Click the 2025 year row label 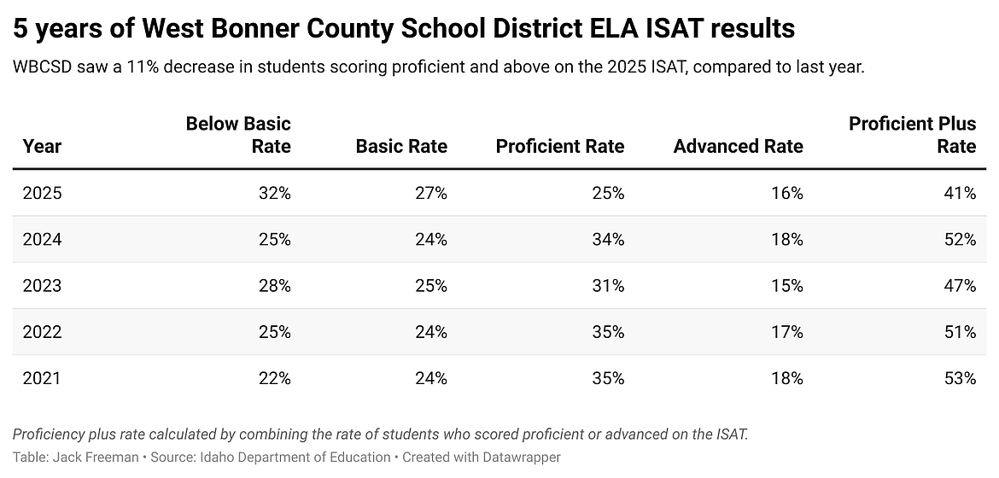42,194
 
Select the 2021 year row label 42,378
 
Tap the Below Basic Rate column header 238,135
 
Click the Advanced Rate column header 738,147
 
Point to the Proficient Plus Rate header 912,135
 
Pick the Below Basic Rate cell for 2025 274,194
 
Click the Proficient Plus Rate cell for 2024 959,240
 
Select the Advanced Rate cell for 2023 786,286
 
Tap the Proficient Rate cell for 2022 607,332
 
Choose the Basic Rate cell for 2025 430,194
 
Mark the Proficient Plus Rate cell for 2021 959,378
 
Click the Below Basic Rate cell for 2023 274,286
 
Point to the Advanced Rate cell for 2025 786,194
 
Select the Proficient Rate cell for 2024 607,240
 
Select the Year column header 42,147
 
